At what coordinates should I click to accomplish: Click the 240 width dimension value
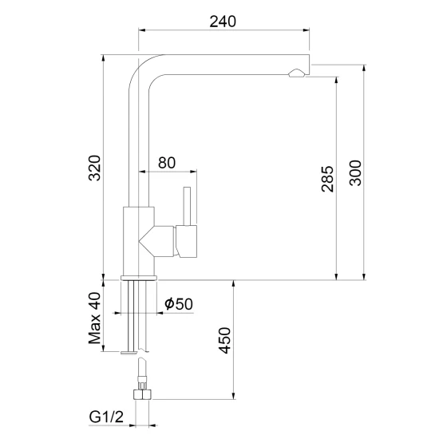[223, 22]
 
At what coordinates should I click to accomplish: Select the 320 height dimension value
[94, 168]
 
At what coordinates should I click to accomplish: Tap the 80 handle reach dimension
[167, 163]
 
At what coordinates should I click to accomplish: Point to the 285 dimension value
[327, 179]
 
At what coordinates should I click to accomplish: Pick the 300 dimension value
[355, 173]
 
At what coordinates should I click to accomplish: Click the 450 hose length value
[224, 341]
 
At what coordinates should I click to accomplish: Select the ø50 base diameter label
[179, 304]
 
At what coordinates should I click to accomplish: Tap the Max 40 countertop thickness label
[94, 318]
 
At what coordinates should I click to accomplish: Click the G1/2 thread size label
[106, 417]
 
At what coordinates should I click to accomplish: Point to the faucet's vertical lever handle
[187, 206]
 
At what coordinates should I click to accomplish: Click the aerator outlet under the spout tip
[297, 73]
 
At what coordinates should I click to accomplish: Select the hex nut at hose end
[142, 394]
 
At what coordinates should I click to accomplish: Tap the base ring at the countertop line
[139, 278]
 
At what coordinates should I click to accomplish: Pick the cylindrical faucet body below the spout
[139, 241]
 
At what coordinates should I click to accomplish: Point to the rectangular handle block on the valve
[187, 241]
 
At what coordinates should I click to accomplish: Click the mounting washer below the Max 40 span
[129, 352]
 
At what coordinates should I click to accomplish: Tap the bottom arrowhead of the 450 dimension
[233, 396]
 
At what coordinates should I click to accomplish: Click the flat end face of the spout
[310, 65]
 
